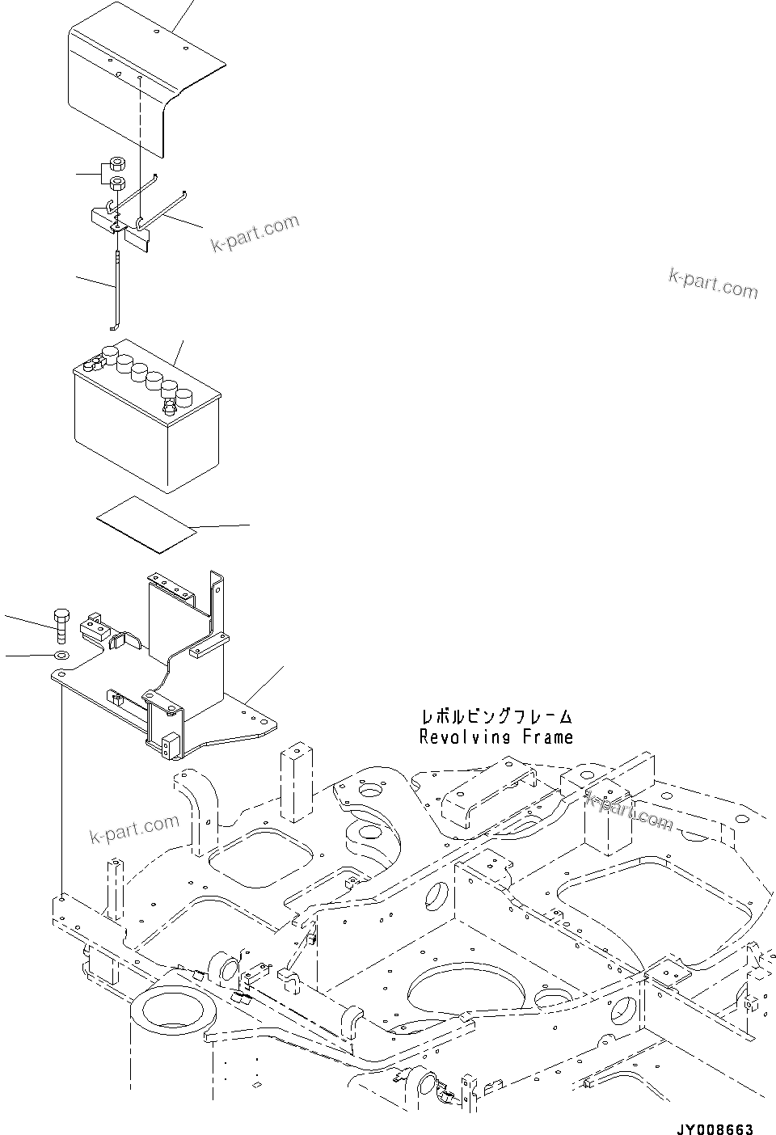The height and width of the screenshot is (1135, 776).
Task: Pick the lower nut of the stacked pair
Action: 116,184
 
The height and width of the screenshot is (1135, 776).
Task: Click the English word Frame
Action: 547,736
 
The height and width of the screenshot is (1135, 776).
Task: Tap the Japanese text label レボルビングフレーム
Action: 496,716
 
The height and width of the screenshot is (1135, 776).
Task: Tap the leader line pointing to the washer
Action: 28,654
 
